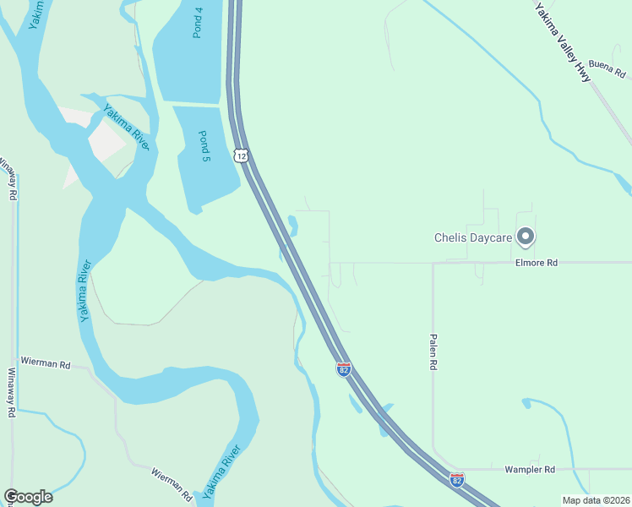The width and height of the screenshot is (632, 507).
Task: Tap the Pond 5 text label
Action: pos(204,146)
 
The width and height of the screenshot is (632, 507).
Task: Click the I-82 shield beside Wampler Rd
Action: pos(457,480)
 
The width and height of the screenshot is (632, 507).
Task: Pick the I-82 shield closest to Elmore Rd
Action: pos(343,370)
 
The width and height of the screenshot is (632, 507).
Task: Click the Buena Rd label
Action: pos(607,64)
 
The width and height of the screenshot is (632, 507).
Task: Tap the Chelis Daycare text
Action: pos(473,238)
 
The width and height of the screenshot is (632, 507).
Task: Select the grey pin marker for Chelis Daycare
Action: pos(526,237)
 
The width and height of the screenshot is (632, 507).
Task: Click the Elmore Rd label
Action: pos(537,263)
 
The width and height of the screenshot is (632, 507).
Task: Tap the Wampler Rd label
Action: pos(530,469)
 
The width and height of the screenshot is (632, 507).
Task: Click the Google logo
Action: pos(28,497)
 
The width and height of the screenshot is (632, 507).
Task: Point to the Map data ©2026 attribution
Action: pos(596,500)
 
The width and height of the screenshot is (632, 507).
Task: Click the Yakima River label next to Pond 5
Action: pos(127,128)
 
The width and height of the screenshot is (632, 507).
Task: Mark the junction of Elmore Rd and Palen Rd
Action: pos(433,263)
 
